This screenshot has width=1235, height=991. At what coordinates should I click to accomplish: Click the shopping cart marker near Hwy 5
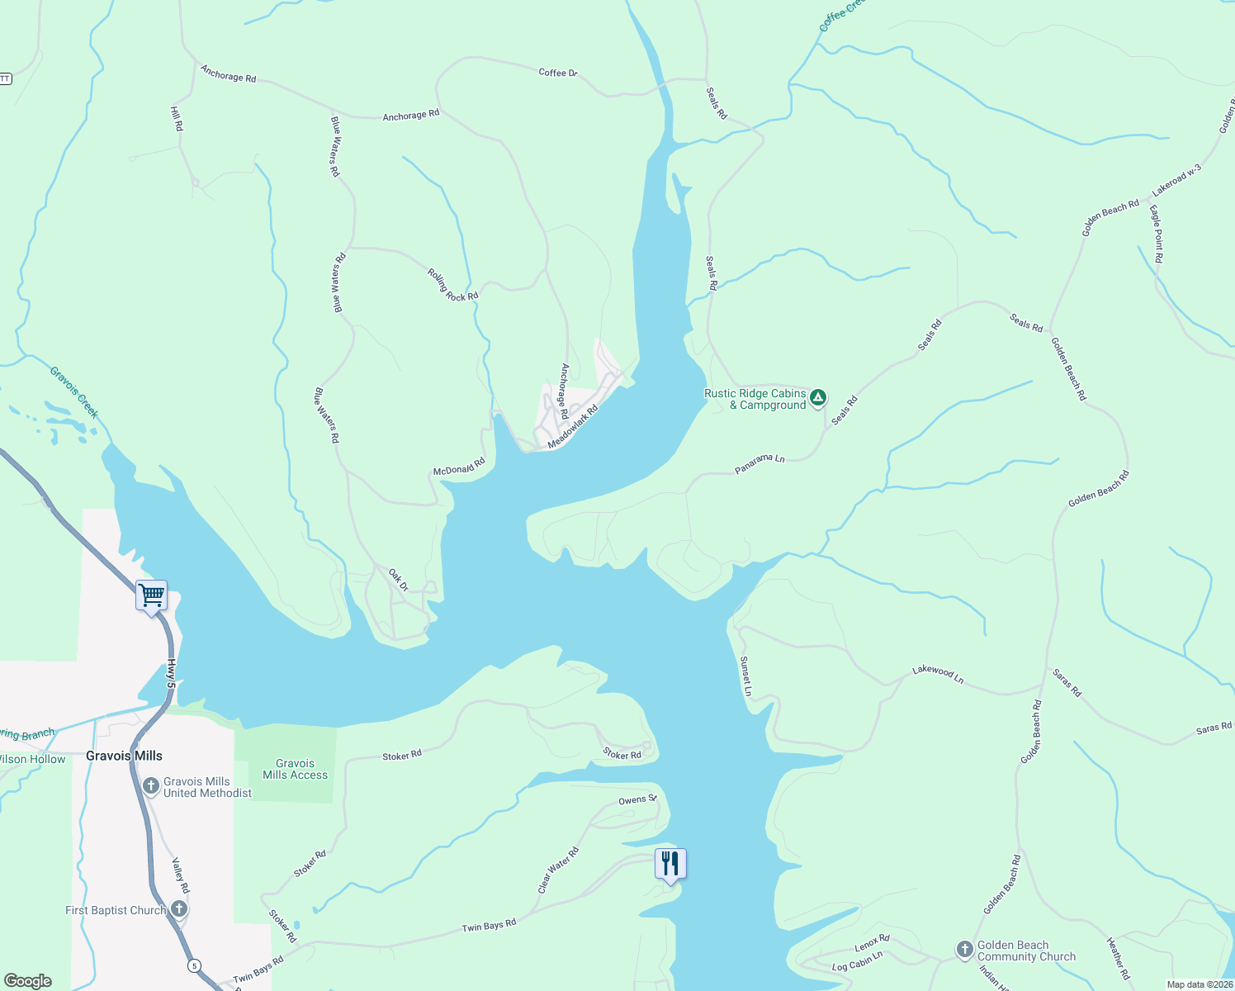(151, 595)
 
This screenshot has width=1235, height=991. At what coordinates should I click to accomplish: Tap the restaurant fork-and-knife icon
(670, 864)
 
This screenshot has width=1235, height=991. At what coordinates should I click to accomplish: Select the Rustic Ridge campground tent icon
(817, 398)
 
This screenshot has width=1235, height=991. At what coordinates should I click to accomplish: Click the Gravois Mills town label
(124, 756)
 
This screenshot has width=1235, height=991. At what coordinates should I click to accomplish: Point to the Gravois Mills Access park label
(295, 770)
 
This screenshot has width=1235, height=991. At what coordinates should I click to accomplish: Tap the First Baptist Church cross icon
(179, 910)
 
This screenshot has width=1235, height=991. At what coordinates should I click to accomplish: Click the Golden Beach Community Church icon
(965, 950)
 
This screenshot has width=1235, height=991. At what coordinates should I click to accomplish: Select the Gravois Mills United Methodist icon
(150, 786)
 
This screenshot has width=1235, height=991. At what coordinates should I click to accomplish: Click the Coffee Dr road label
(558, 73)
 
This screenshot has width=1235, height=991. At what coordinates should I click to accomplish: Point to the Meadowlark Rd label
(572, 427)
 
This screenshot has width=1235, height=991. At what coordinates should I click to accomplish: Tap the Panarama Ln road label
(759, 463)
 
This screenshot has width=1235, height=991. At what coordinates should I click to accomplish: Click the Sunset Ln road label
(745, 676)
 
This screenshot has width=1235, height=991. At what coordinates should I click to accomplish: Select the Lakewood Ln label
(938, 674)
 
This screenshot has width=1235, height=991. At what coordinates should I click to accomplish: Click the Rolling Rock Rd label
(452, 285)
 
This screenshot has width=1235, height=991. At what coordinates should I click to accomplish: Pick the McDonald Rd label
(459, 467)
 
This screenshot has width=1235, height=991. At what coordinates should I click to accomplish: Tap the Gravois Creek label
(74, 391)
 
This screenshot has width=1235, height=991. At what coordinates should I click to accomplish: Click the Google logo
(28, 980)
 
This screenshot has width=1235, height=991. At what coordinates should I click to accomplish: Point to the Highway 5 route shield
(193, 965)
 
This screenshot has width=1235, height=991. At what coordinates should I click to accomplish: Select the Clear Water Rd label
(558, 870)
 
